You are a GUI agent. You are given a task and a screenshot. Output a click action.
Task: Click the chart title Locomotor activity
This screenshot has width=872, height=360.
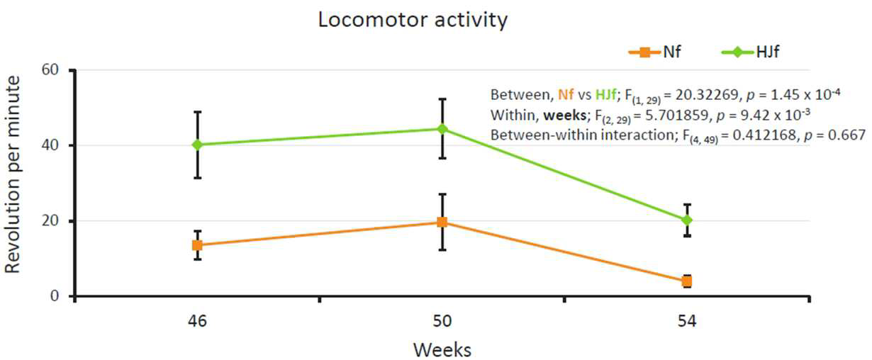pos(413,19)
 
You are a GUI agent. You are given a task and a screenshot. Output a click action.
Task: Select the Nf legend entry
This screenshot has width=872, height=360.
pos(655,52)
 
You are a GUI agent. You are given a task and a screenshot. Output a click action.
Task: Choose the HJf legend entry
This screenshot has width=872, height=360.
pos(751,52)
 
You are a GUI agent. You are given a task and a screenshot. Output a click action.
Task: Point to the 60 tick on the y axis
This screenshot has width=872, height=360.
pos(50,70)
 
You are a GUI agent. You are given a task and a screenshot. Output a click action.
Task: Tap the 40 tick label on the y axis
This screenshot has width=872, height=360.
pos(50,145)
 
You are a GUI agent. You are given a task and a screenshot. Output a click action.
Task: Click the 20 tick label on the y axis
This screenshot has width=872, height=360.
pos(50,220)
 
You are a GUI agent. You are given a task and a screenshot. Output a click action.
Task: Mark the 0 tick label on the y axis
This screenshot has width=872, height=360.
pos(55,296)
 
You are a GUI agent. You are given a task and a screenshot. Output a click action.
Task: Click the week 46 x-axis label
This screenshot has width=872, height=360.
pos(197,322)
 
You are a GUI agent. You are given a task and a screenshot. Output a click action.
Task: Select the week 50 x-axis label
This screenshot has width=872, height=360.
pos(442,322)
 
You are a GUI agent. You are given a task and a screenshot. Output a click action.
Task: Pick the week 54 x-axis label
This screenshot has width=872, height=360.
pos(687,322)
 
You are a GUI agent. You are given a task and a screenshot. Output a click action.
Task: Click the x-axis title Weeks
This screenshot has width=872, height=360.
pos(442,350)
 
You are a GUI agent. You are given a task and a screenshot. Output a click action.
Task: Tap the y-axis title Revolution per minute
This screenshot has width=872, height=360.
pos(12,174)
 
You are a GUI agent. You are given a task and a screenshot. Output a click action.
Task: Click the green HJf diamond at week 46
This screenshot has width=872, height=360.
pos(197,145)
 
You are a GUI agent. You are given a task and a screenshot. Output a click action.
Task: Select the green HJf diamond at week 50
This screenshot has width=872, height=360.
pos(442,129)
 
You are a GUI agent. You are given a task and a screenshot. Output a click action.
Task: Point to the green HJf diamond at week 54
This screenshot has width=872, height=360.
pos(687,220)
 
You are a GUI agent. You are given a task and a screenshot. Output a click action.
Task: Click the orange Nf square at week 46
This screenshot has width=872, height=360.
pos(197,245)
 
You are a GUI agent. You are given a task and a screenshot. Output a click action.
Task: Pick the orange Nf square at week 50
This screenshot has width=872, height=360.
pos(442,223)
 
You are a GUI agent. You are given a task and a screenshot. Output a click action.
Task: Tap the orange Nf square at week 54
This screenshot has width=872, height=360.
pos(687,281)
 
